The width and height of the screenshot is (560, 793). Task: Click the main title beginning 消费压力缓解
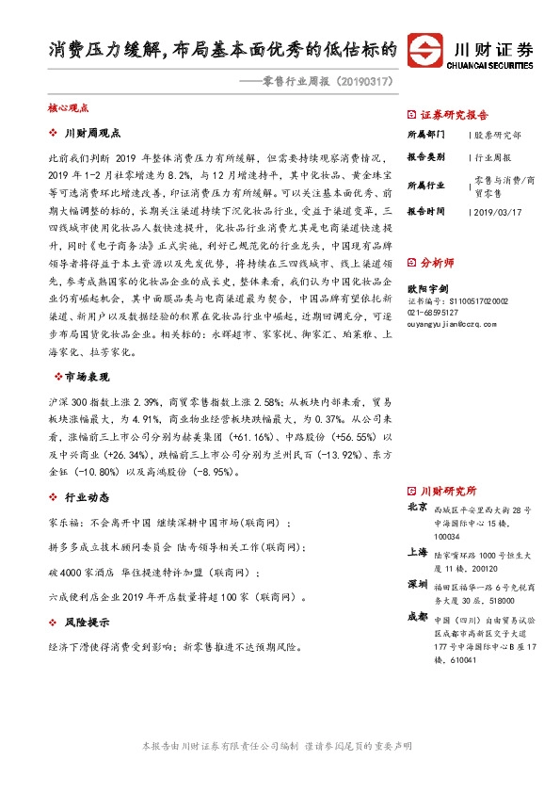[222, 49]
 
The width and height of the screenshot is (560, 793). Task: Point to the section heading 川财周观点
[96, 134]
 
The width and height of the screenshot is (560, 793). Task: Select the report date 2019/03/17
[495, 212]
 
